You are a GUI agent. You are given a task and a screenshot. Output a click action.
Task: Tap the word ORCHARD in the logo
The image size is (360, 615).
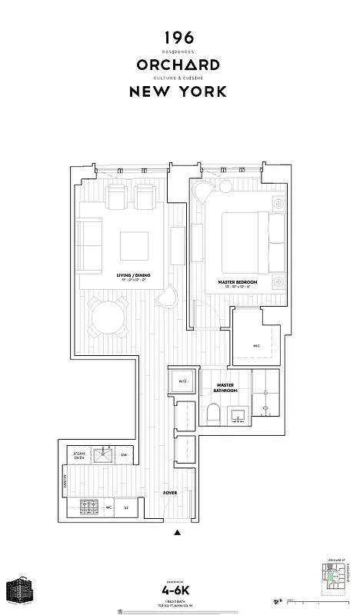[x=178, y=65]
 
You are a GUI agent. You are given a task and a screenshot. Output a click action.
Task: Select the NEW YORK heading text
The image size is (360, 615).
[x=178, y=91]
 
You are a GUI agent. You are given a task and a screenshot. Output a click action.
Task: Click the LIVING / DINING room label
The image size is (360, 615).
[x=133, y=276]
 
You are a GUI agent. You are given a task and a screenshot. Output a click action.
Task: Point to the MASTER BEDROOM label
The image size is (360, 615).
[x=237, y=282]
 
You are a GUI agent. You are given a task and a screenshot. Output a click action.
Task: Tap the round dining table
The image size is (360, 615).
[x=108, y=317]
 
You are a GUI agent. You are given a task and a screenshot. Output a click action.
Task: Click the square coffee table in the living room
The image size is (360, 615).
[x=135, y=246]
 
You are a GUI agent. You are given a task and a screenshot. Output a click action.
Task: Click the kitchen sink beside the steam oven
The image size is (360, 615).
[x=103, y=455]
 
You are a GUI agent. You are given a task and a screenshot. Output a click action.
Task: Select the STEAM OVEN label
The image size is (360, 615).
[x=78, y=455]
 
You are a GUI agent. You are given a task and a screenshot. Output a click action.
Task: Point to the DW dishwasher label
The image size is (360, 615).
[x=125, y=455]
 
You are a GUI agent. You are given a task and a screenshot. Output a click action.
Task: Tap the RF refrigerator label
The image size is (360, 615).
[x=126, y=507]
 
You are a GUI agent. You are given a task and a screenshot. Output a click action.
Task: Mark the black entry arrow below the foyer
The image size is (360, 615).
[x=178, y=532]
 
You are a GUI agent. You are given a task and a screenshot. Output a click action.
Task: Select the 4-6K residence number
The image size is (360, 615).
[x=177, y=591]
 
